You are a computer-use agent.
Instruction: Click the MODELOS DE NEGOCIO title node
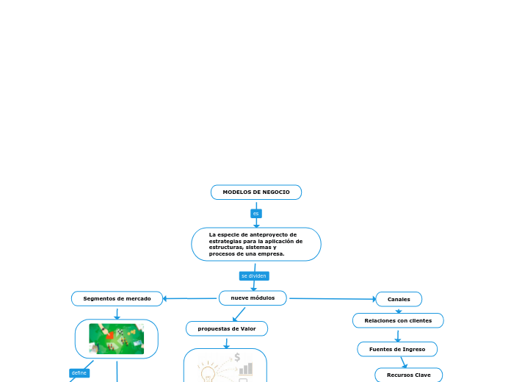tap(256, 192)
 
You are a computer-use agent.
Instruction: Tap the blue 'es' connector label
tap(256, 214)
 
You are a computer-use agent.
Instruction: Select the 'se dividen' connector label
tap(254, 276)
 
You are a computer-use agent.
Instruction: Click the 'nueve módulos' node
tap(253, 298)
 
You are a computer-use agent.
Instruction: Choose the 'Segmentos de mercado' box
tap(117, 299)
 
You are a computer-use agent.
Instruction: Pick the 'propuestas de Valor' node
tap(227, 328)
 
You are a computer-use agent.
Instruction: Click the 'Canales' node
tap(399, 299)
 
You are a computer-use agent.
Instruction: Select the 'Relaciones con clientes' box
tap(398, 320)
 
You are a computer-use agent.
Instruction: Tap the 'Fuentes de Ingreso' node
tap(397, 349)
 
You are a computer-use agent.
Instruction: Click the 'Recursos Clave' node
tap(409, 375)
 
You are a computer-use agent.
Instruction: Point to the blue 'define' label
tap(79, 373)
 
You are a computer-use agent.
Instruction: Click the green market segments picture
tap(117, 339)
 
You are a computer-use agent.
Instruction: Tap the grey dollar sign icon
tap(237, 358)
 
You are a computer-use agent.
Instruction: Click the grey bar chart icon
tap(245, 369)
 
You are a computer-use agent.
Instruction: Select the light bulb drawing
tap(208, 371)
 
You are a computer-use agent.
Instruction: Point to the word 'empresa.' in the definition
tap(269, 253)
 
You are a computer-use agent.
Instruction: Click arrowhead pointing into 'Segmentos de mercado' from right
tap(166, 298)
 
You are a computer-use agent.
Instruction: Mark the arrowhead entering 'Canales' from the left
tap(372, 299)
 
